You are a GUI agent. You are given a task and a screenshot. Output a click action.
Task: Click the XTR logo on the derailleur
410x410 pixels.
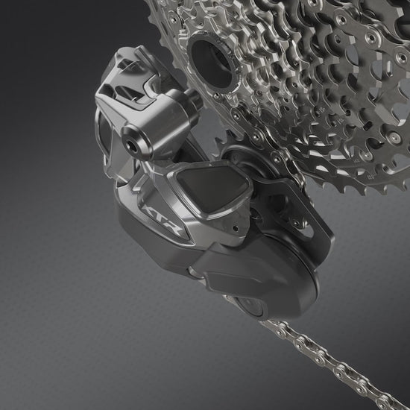(x=163, y=220)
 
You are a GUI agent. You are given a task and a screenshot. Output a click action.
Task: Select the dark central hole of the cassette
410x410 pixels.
(x=211, y=63)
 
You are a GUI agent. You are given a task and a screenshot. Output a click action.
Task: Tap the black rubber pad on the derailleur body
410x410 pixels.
(x=212, y=189)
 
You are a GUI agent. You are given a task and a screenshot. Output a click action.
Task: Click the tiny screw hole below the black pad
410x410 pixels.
(x=236, y=228)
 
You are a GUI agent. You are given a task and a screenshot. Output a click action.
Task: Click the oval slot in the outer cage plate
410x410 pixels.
(x=309, y=230)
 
